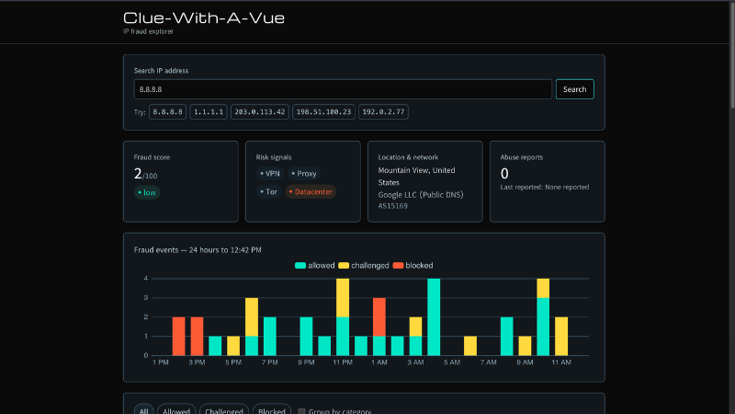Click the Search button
click(575, 89)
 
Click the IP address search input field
click(343, 89)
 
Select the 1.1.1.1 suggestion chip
click(209, 111)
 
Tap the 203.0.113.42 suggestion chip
click(260, 111)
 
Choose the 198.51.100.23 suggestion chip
click(323, 111)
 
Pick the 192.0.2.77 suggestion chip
click(383, 111)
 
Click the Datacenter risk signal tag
click(311, 191)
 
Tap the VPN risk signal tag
click(269, 174)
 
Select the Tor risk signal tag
click(268, 191)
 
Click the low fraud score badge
click(147, 192)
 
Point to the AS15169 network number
click(393, 206)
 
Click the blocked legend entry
click(413, 266)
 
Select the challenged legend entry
click(364, 266)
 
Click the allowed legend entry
click(315, 266)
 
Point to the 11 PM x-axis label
click(343, 362)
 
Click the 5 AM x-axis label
click(452, 362)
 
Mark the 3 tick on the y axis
click(146, 297)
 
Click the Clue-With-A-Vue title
click(204, 17)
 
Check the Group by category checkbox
click(302, 411)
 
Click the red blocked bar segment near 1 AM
click(379, 316)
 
